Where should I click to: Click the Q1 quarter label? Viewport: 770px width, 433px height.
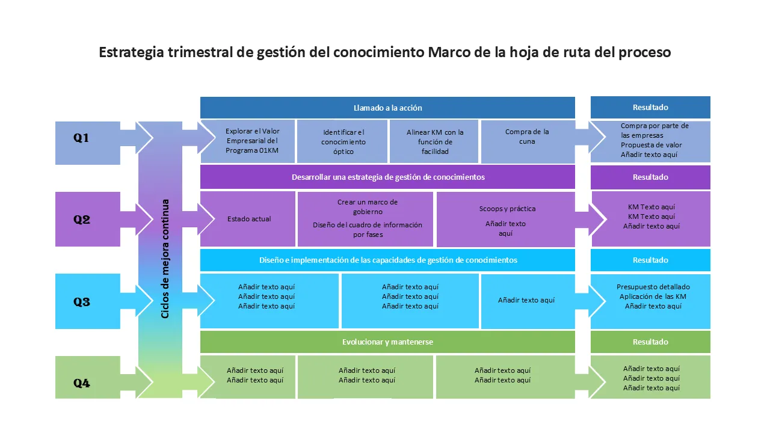click(81, 138)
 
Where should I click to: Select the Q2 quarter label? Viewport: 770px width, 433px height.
click(82, 220)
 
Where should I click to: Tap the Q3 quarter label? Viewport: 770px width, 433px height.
click(82, 302)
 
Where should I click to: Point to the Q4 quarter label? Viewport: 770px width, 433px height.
click(82, 383)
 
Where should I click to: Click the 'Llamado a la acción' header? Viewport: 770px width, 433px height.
click(387, 108)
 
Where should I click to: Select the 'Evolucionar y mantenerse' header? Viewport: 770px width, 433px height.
click(387, 342)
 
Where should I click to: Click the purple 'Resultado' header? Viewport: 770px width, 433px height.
click(650, 177)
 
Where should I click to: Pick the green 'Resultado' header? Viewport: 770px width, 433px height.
click(650, 342)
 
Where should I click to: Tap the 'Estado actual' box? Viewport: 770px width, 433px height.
click(249, 219)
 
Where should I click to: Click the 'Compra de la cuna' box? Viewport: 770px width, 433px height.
click(527, 137)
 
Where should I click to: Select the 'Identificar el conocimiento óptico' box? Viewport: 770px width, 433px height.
click(343, 141)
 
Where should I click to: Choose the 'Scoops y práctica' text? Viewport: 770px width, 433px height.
click(507, 209)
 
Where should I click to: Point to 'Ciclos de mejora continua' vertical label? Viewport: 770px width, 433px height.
click(165, 259)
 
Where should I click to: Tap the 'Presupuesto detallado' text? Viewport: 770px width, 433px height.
click(653, 287)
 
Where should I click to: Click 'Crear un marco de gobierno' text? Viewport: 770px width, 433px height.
click(368, 207)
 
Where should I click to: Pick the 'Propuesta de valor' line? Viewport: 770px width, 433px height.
click(651, 145)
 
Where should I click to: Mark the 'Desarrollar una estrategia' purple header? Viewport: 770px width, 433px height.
click(387, 177)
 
